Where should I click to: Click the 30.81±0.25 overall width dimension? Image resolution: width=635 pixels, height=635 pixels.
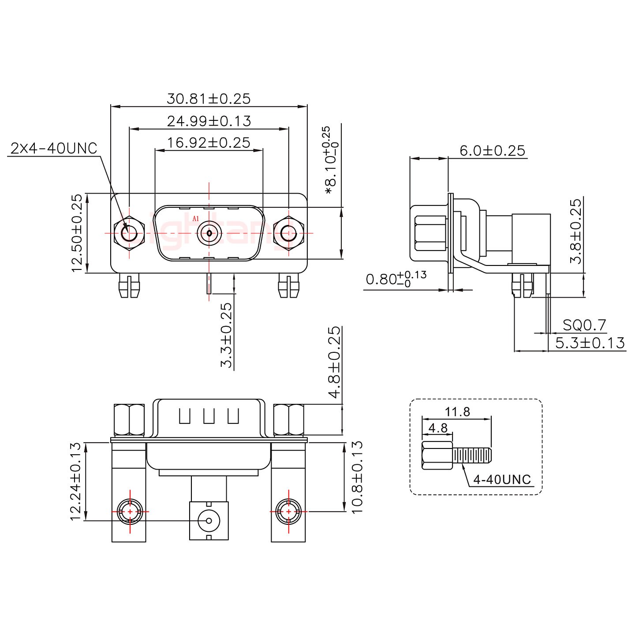tap(208, 98)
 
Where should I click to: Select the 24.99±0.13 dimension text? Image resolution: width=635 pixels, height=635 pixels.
tap(209, 120)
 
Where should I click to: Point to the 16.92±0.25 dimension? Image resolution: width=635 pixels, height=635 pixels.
tap(209, 142)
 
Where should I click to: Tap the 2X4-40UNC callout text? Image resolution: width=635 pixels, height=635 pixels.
tap(53, 149)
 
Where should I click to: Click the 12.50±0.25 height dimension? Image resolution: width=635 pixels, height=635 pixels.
tap(77, 233)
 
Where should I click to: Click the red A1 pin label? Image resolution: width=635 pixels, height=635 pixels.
tap(196, 218)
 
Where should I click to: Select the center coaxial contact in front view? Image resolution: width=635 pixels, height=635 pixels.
tap(209, 232)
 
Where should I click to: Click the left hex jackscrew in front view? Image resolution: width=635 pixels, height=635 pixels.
tap(129, 232)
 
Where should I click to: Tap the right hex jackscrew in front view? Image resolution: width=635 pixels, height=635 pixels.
tap(289, 232)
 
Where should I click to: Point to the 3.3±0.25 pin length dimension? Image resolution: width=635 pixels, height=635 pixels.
tap(226, 335)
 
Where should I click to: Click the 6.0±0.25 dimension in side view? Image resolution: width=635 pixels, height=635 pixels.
tap(492, 151)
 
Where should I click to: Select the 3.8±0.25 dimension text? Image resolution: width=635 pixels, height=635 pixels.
tap(576, 231)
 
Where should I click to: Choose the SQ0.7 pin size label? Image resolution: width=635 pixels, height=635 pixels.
tap(584, 325)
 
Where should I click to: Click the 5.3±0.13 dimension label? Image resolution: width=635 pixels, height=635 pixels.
tap(590, 343)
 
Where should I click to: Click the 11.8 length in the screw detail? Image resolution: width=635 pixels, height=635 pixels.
tap(457, 412)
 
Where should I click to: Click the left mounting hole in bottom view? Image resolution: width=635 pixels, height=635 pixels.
tap(130, 512)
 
